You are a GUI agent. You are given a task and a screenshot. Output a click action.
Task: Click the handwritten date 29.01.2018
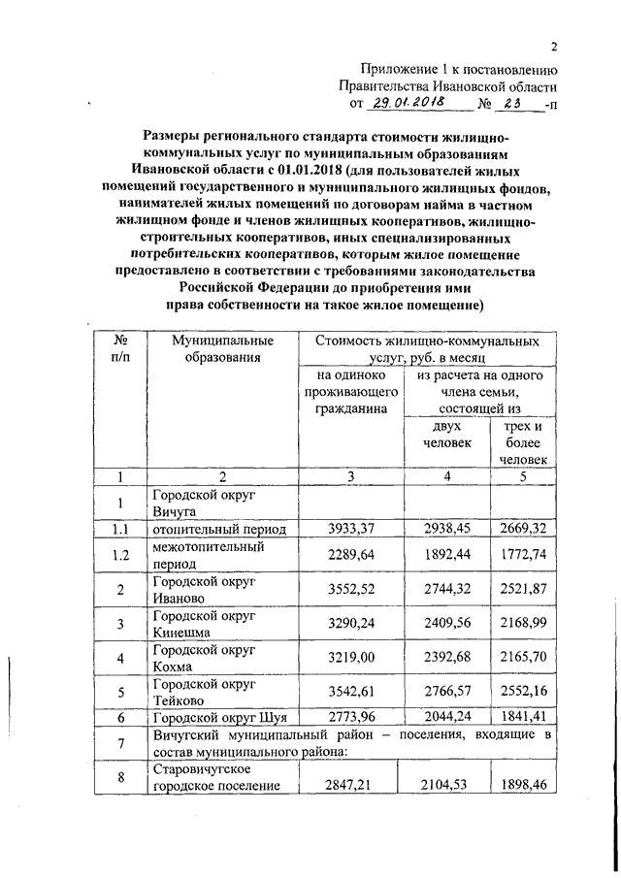[x=410, y=101]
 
